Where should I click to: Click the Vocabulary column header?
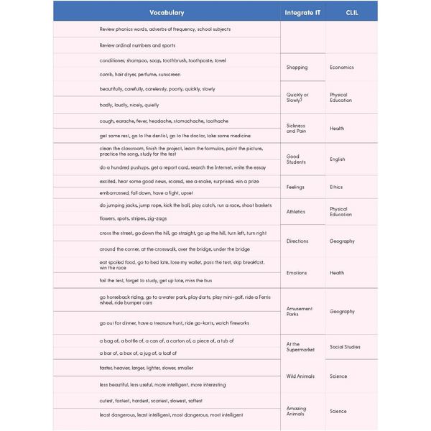(167, 12)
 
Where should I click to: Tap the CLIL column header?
(352, 12)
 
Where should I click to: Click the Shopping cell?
(297, 68)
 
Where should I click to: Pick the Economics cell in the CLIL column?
(341, 68)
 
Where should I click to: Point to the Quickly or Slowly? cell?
(297, 98)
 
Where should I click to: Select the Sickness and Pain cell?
(297, 129)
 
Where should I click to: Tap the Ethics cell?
(336, 187)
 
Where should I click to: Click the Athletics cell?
(296, 212)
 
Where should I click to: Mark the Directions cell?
(297, 241)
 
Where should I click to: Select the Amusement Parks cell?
(299, 312)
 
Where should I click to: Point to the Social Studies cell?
(345, 347)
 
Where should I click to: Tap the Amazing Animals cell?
(296, 412)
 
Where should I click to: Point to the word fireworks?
(235, 323)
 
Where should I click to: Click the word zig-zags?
(157, 218)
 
